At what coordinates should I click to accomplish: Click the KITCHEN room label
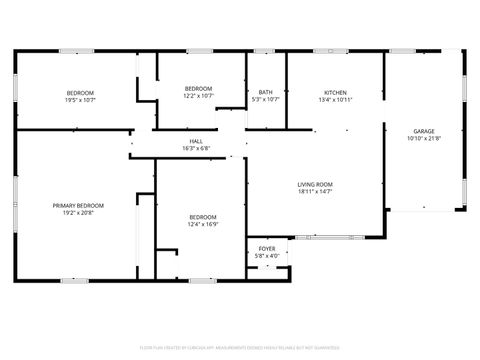(335, 92)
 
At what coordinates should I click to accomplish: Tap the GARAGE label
(423, 131)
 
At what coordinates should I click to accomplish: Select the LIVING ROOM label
(315, 184)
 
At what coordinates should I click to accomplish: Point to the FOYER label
(267, 248)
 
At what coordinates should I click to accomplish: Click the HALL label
(196, 141)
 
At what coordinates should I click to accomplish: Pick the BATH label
(266, 92)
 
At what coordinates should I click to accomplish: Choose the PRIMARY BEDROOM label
(78, 205)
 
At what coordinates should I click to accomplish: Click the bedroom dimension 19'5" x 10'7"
(80, 99)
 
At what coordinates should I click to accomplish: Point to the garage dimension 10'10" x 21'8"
(423, 138)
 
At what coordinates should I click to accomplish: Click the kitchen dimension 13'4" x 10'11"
(335, 99)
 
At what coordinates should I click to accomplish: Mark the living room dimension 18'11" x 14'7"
(315, 191)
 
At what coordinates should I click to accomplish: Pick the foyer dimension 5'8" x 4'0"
(267, 255)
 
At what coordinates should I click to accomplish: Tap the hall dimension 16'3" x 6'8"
(196, 148)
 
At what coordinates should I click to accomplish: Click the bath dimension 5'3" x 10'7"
(266, 99)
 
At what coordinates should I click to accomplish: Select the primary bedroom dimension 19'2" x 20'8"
(78, 212)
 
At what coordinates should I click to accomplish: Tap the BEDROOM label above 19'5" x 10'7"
(80, 92)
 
